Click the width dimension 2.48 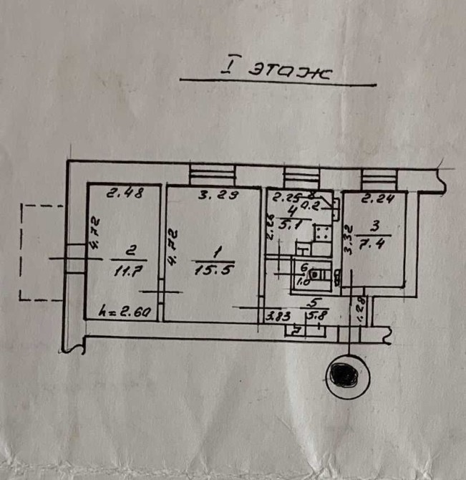click(122, 192)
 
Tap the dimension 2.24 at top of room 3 click(377, 200)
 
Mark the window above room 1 click(213, 174)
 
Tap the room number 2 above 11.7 click(130, 251)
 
